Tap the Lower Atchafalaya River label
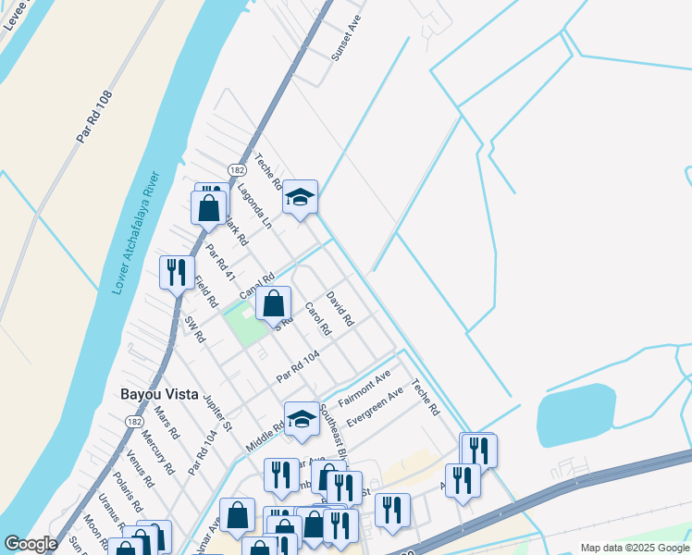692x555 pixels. [x=136, y=232]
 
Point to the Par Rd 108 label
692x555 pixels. [x=94, y=117]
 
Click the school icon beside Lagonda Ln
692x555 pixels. [x=300, y=197]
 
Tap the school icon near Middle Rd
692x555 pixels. [x=302, y=420]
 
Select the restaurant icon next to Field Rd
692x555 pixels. [x=175, y=273]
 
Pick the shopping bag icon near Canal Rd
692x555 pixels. [x=273, y=303]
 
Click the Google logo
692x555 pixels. [x=31, y=544]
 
